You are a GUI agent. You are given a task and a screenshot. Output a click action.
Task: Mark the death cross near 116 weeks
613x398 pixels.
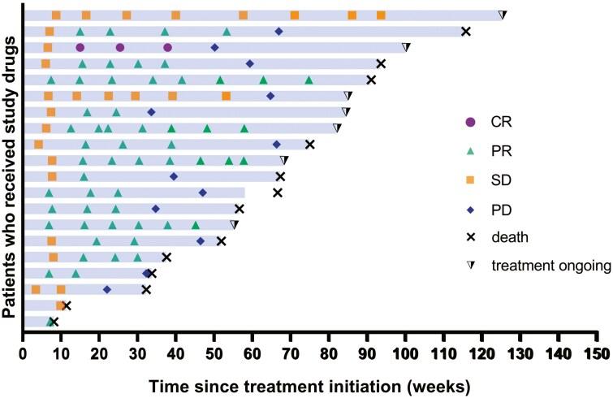tap(466, 32)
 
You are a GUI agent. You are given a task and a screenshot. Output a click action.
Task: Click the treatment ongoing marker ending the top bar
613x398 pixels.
tap(503, 15)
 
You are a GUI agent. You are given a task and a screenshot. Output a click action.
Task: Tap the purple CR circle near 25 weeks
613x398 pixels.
tap(120, 47)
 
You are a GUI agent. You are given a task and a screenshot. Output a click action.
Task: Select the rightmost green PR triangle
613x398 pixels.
tap(309, 80)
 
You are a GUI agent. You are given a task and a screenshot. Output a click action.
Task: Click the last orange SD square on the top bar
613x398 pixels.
tap(382, 15)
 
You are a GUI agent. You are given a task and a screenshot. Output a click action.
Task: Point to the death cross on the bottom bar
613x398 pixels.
tap(54, 322)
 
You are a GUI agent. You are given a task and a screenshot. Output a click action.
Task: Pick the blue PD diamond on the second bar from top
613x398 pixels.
tap(278, 31)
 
